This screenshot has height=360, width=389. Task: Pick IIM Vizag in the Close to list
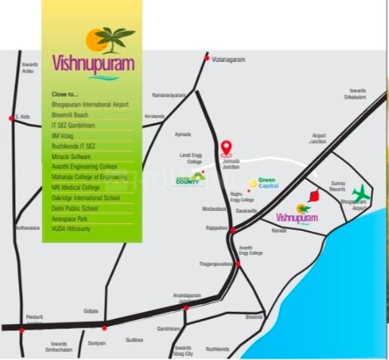pyautogui.click(x=64, y=135)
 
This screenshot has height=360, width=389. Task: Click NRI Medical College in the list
pyautogui.click(x=76, y=187)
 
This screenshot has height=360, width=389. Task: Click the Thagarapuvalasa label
pyautogui.click(x=217, y=264)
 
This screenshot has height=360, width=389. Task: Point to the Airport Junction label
pyautogui.click(x=318, y=138)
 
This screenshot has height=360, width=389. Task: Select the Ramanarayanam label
pyautogui.click(x=168, y=94)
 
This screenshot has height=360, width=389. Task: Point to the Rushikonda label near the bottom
pyautogui.click(x=217, y=349)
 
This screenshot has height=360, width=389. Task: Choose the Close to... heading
pyautogui.click(x=65, y=94)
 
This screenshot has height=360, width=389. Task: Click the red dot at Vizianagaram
pyautogui.click(x=207, y=58)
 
